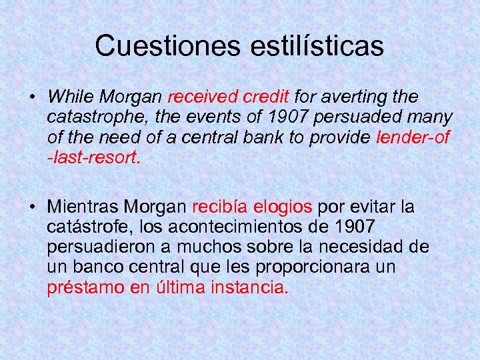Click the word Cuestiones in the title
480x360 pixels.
(x=167, y=46)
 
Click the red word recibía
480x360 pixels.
(x=216, y=207)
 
